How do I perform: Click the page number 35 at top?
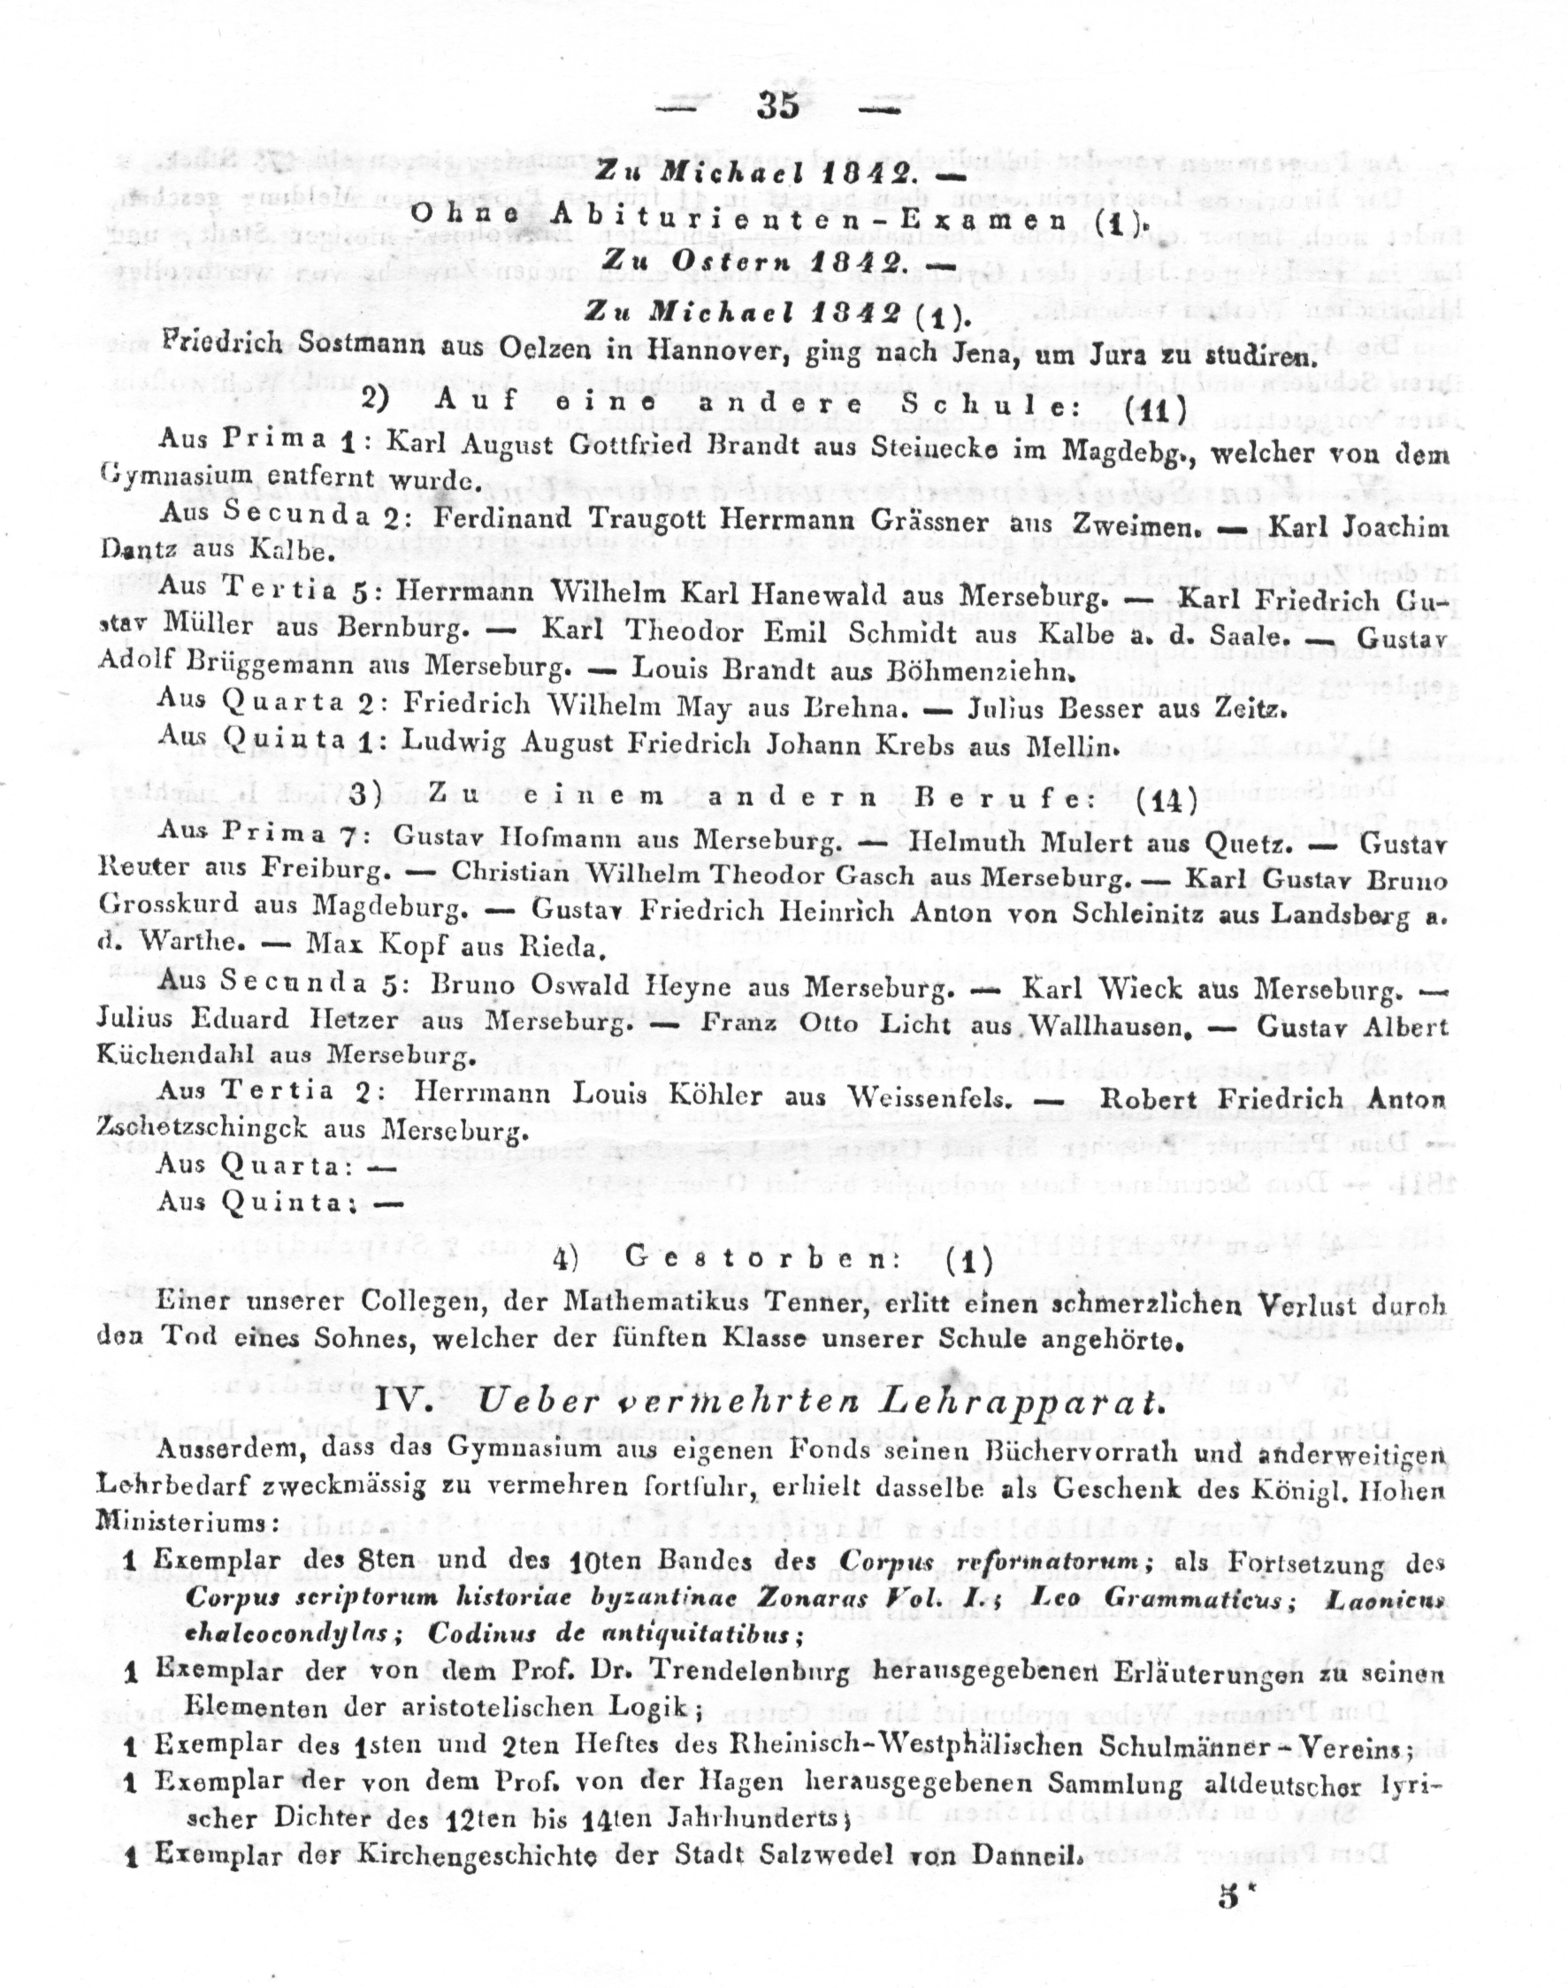[778, 106]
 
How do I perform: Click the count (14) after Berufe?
[1166, 800]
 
